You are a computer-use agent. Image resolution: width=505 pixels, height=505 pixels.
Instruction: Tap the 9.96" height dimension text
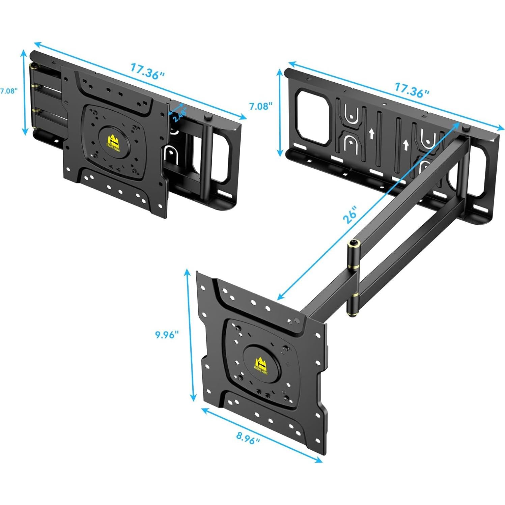[167, 335]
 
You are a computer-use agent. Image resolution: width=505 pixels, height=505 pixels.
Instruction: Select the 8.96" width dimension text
[248, 438]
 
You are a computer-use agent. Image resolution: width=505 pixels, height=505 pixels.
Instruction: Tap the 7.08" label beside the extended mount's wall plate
[260, 106]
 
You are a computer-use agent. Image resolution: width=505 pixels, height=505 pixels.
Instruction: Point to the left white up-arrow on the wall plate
[372, 134]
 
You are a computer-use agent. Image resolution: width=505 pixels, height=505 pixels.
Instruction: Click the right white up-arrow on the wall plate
[406, 145]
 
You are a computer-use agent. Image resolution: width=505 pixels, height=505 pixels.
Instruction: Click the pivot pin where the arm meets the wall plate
[466, 128]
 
